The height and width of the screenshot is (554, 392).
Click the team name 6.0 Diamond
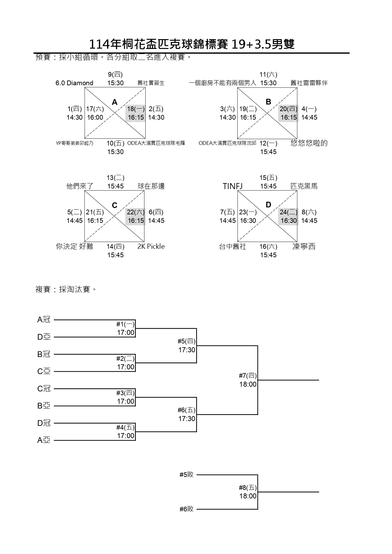click(74, 83)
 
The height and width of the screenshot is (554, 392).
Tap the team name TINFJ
click(232, 186)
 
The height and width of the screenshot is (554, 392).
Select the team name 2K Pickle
click(151, 247)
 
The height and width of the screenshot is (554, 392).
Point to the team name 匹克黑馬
click(304, 186)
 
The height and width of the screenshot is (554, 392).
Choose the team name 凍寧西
click(304, 247)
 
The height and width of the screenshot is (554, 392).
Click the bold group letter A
click(115, 102)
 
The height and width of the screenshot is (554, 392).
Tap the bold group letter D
click(268, 205)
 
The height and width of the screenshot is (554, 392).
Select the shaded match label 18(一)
click(136, 109)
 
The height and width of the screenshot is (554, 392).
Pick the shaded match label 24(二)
click(288, 212)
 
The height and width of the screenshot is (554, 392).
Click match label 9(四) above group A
click(115, 74)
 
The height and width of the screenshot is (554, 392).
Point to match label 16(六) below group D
click(268, 247)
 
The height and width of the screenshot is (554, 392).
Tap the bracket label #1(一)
click(125, 324)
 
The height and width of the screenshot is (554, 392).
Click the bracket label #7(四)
click(248, 376)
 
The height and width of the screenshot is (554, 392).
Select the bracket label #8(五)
click(248, 488)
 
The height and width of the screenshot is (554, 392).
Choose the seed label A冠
click(44, 320)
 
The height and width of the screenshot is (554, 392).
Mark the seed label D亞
click(44, 337)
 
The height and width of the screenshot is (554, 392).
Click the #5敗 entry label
click(186, 474)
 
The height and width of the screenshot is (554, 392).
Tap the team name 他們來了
click(80, 186)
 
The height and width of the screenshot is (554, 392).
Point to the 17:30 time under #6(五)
click(187, 419)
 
